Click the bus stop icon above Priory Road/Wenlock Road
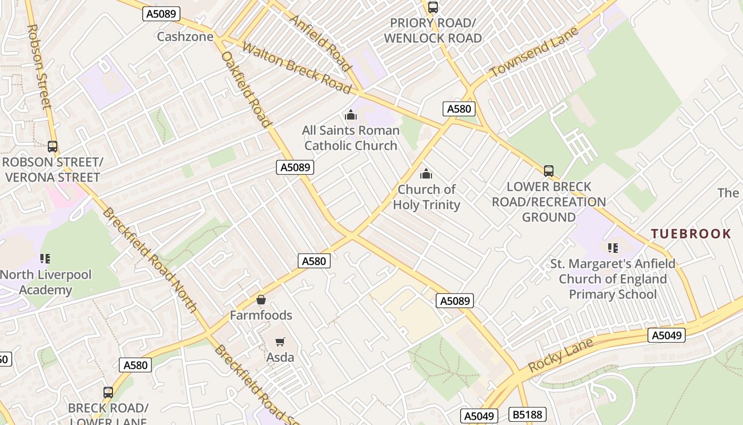[x=433, y=7]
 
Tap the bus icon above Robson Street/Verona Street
[x=52, y=146]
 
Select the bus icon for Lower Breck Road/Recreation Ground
[x=549, y=171]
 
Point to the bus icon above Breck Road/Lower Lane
[x=108, y=393]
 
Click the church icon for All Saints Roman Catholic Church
[x=350, y=115]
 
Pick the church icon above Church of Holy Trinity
[x=426, y=174]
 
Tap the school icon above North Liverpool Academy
[x=45, y=259]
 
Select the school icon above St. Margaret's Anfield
[x=612, y=248]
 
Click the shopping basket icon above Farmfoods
[x=261, y=300]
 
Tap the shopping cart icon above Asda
[x=280, y=342]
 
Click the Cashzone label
[x=185, y=37]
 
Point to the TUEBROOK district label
[x=691, y=234]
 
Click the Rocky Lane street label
[x=560, y=355]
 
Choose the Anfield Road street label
[x=321, y=42]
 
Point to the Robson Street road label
[x=39, y=66]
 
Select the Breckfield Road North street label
[x=150, y=260]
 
